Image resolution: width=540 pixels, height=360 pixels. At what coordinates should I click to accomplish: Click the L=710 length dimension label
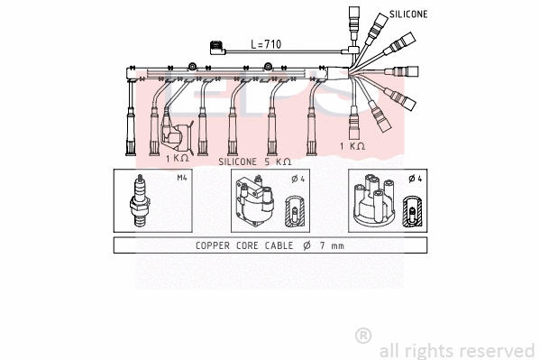(x=267, y=43)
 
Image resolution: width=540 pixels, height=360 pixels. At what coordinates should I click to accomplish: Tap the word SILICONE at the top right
(x=408, y=15)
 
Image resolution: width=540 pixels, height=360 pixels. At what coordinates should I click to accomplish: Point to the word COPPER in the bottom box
(x=216, y=245)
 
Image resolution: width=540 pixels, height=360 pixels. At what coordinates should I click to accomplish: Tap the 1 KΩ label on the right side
(x=352, y=145)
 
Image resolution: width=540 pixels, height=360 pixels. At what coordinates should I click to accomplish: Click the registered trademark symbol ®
(x=363, y=336)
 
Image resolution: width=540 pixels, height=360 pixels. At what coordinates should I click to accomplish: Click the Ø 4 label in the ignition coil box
(x=297, y=179)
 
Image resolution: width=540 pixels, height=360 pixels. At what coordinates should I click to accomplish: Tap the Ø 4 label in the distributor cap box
(x=414, y=179)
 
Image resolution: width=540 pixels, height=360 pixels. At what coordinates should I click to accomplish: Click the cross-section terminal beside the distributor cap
(x=412, y=208)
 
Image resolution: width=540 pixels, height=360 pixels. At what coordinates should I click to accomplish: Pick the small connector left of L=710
(x=215, y=47)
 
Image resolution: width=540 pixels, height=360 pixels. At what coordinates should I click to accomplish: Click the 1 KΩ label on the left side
(x=178, y=158)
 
